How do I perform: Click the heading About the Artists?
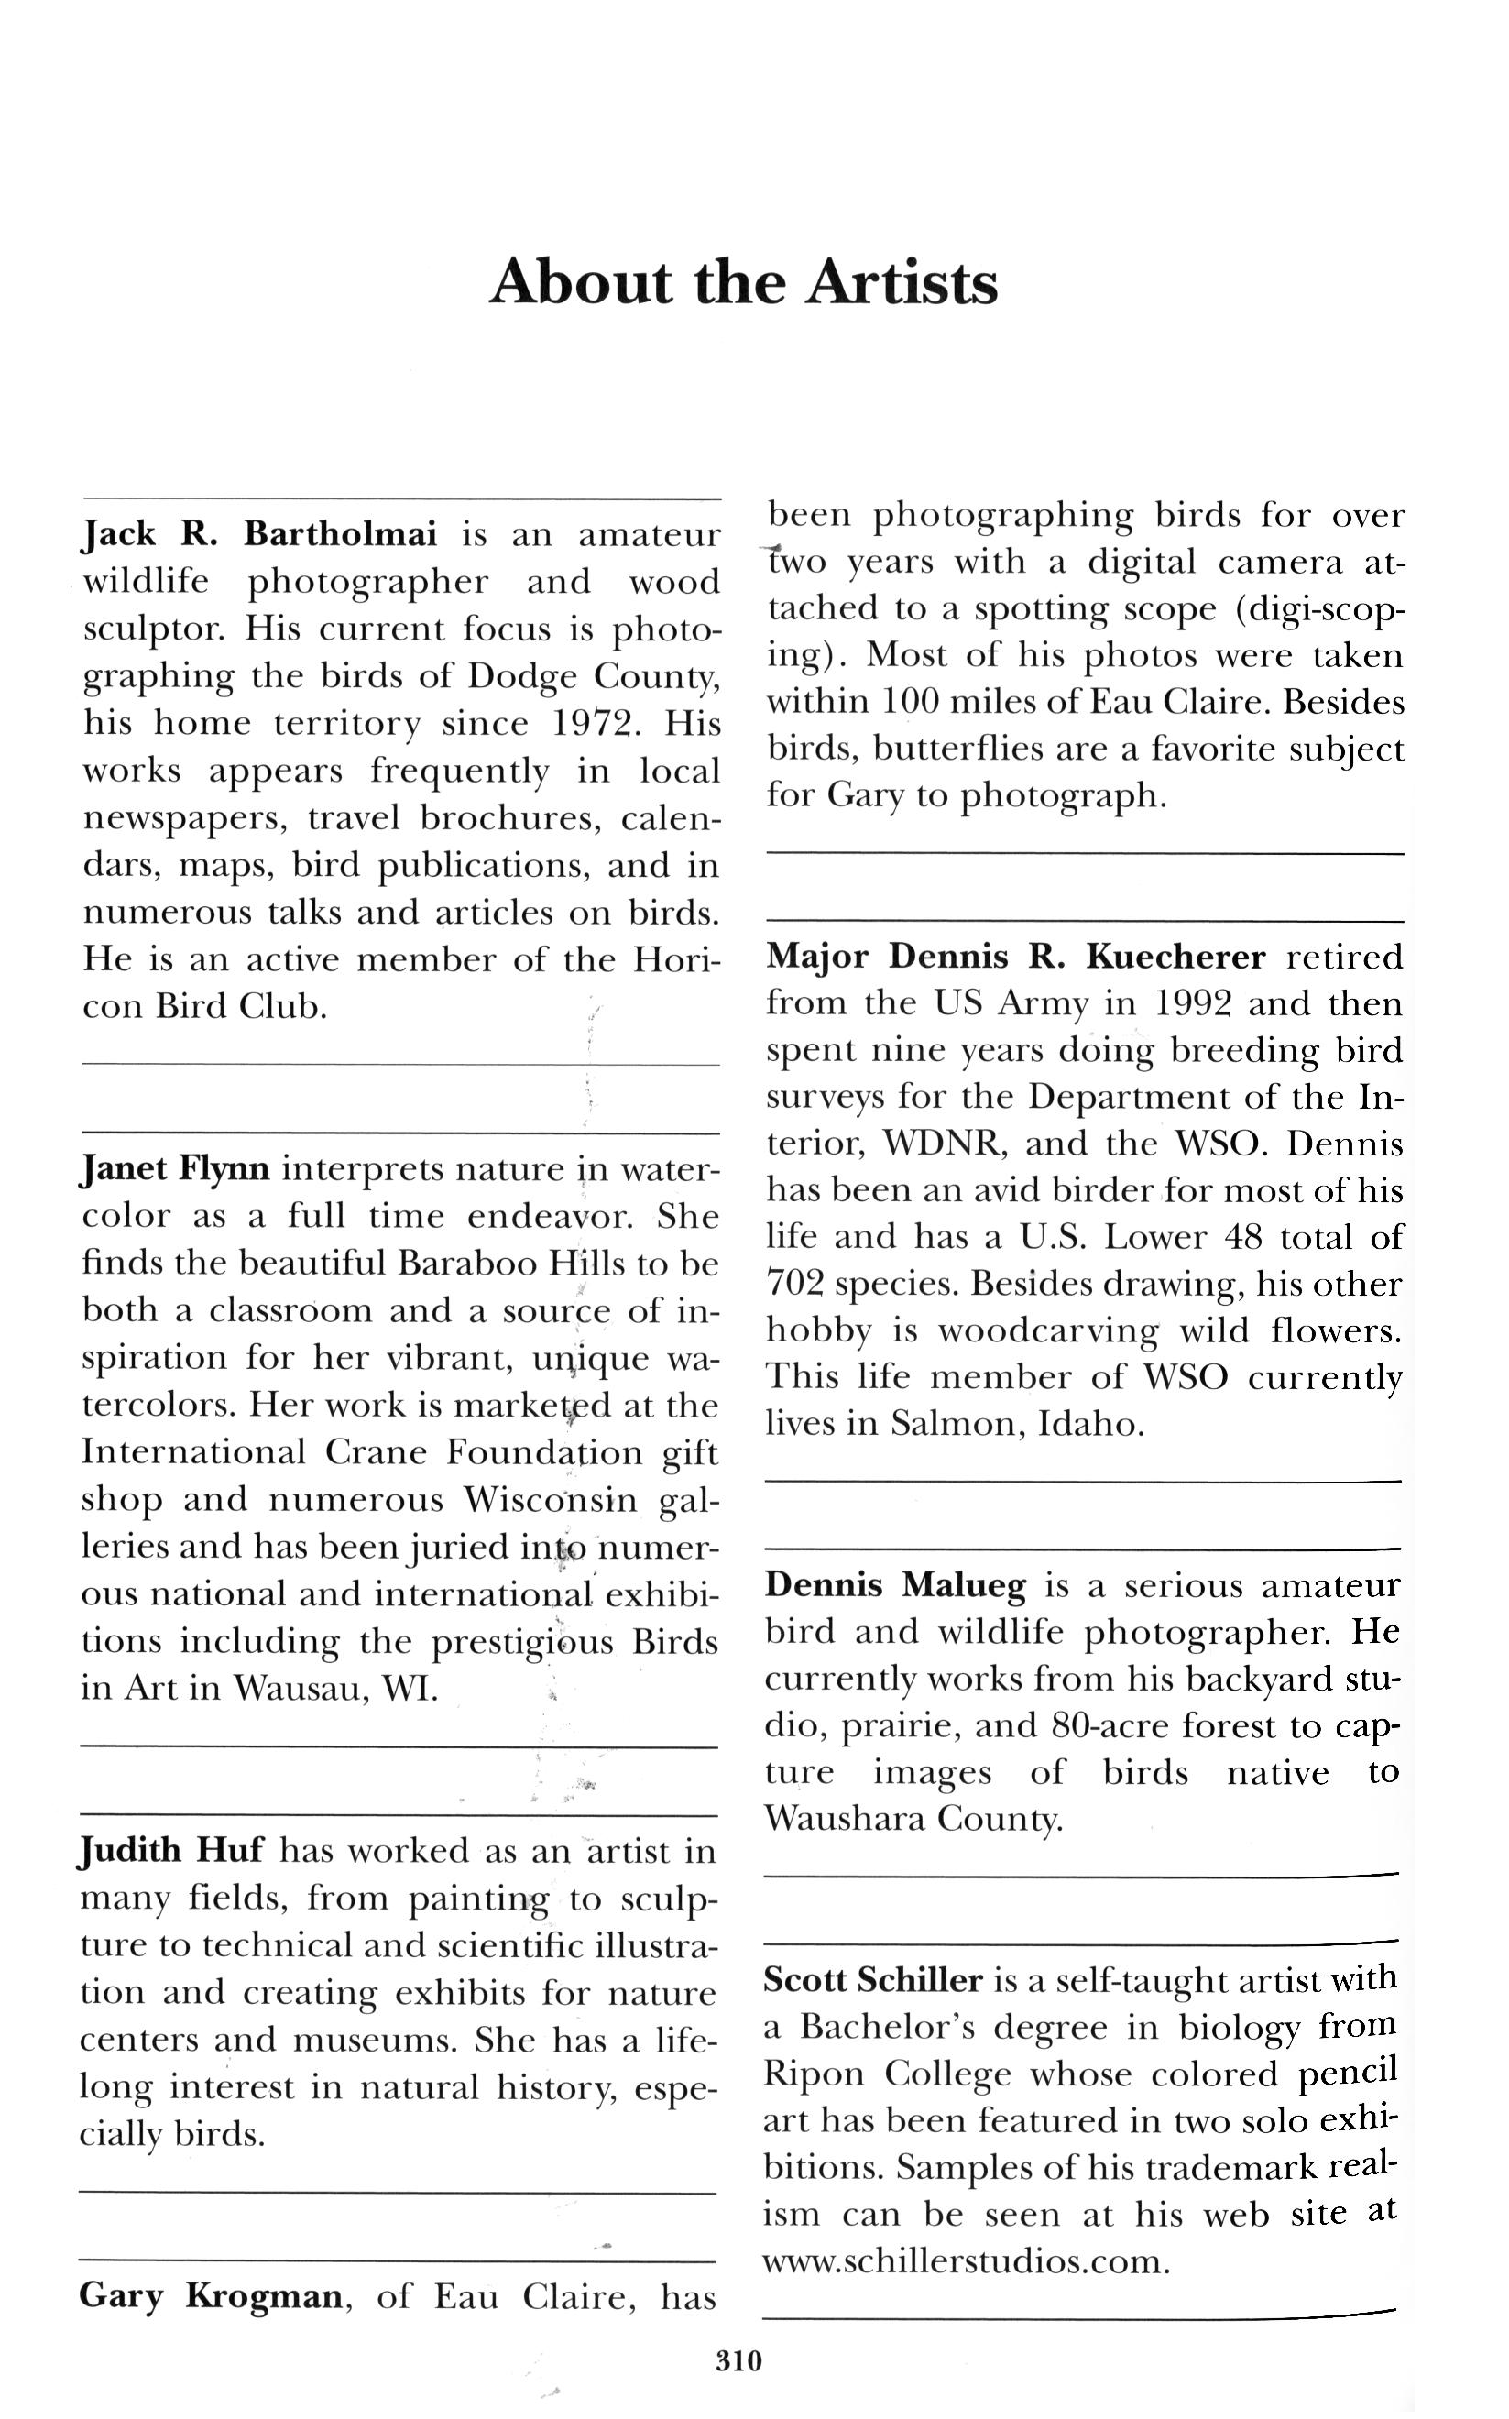coord(744,282)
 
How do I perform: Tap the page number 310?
coord(739,2360)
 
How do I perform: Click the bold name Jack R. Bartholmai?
coord(258,535)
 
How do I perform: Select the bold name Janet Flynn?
coord(175,1167)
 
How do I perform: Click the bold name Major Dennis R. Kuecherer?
coord(1016,957)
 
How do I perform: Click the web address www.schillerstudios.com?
coord(965,2261)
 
